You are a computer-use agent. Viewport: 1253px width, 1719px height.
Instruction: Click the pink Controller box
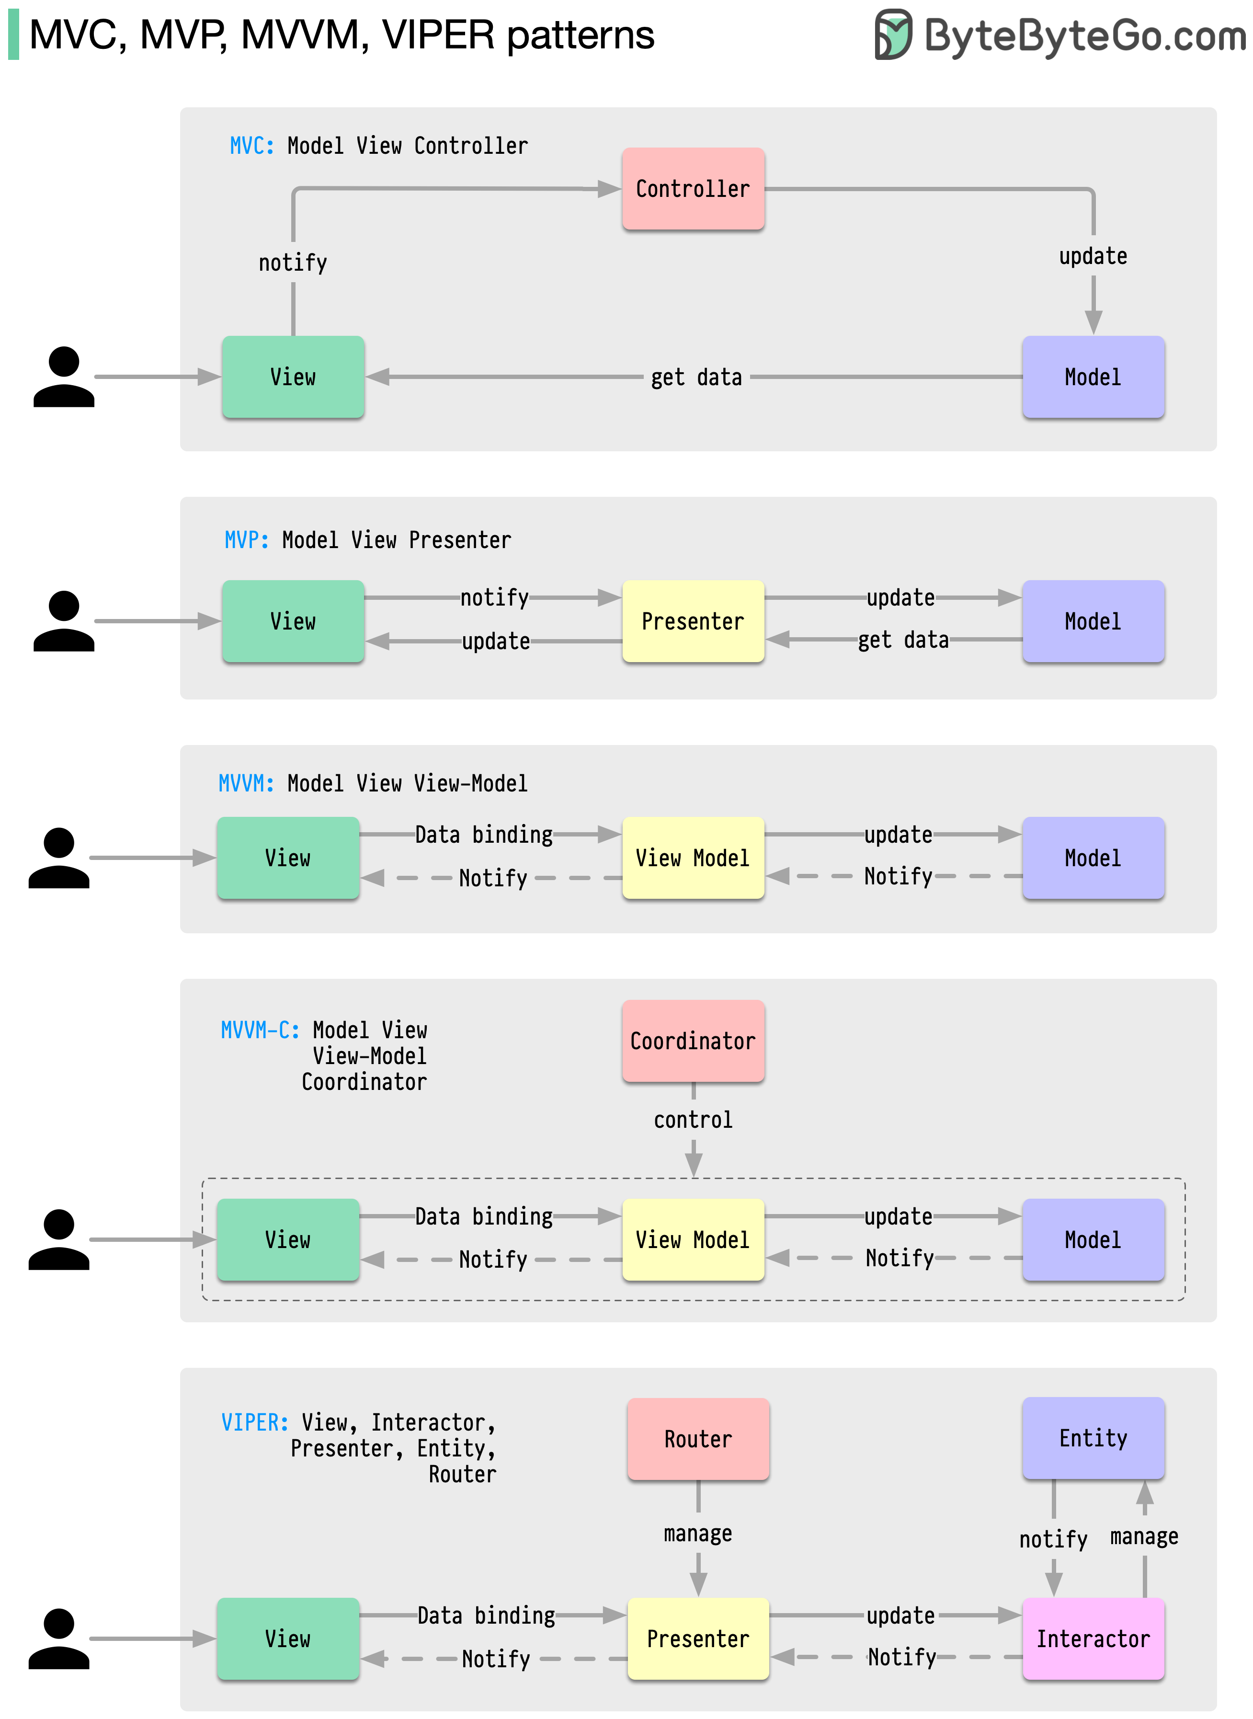pyautogui.click(x=693, y=189)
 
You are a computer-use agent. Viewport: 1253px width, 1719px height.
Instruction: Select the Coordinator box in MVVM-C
pyautogui.click(x=693, y=1041)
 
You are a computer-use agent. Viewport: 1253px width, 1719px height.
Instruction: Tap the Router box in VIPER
pyautogui.click(x=698, y=1439)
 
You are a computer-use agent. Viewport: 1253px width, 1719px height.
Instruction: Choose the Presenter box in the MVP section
pyautogui.click(x=693, y=621)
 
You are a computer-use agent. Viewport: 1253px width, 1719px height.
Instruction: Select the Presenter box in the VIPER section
pyautogui.click(x=698, y=1639)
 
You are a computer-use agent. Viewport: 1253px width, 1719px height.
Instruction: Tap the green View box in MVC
pyautogui.click(x=293, y=377)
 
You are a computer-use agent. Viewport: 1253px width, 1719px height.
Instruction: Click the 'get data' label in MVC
pyautogui.click(x=696, y=377)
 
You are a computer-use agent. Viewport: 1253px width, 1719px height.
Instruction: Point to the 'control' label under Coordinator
pyautogui.click(x=693, y=1120)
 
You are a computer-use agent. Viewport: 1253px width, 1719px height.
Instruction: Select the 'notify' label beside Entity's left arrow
pyautogui.click(x=1053, y=1539)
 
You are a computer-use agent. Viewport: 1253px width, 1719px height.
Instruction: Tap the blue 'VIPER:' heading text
pyautogui.click(x=254, y=1422)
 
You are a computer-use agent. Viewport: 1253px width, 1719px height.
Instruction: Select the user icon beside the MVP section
pyautogui.click(x=64, y=621)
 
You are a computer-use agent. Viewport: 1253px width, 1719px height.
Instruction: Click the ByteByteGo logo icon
pyautogui.click(x=893, y=34)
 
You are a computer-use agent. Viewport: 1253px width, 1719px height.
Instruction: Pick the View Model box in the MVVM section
pyautogui.click(x=693, y=858)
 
